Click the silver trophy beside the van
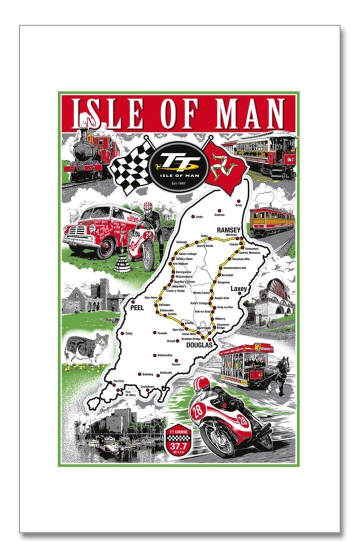tap(122, 260)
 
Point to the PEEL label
tap(136, 308)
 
